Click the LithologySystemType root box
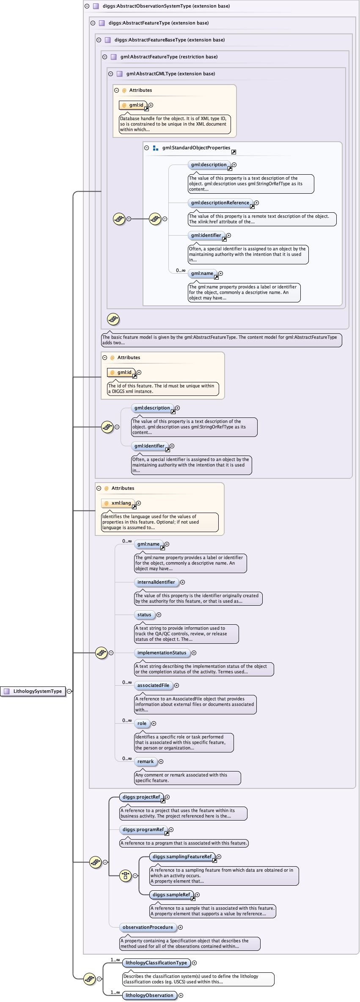click(x=33, y=691)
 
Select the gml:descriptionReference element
click(x=220, y=203)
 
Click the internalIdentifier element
click(x=156, y=582)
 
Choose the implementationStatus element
click(x=162, y=653)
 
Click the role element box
click(x=142, y=724)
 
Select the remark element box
click(x=146, y=762)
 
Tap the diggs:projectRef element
click(x=141, y=797)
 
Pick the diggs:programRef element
click(x=143, y=830)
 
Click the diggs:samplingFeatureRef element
click(x=182, y=857)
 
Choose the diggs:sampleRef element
click(x=171, y=895)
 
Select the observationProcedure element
click(x=148, y=928)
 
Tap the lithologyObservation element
click(x=149, y=996)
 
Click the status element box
click(x=144, y=615)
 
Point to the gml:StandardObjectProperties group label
click(x=196, y=148)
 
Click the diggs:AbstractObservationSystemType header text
click(x=166, y=6)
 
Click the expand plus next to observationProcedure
click(x=180, y=928)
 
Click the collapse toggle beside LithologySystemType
click(x=69, y=691)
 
